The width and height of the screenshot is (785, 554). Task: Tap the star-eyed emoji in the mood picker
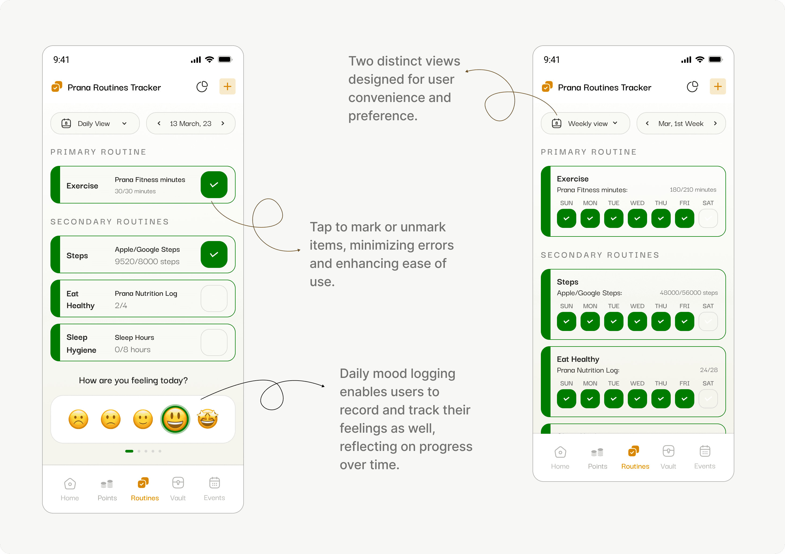tap(208, 419)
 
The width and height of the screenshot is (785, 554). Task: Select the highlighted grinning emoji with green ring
tap(175, 419)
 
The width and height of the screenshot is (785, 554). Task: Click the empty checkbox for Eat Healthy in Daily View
tap(214, 298)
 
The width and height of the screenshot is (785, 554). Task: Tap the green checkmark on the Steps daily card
tap(214, 254)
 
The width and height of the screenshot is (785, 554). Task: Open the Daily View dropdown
tap(95, 123)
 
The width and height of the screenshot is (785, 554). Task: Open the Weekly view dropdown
tap(585, 123)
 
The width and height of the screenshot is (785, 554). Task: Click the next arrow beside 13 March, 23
tap(223, 123)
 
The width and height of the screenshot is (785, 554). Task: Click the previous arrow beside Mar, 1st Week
tap(647, 123)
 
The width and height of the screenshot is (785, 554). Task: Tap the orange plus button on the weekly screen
tap(718, 86)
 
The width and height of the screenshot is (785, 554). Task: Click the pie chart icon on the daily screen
tap(202, 86)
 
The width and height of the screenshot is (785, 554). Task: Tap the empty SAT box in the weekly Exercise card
tap(708, 218)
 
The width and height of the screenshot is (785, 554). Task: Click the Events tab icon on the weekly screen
tap(705, 451)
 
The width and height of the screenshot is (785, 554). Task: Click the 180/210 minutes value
tap(693, 189)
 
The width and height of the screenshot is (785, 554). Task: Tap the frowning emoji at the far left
tap(78, 419)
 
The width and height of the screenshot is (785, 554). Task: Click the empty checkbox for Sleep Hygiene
tap(214, 342)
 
